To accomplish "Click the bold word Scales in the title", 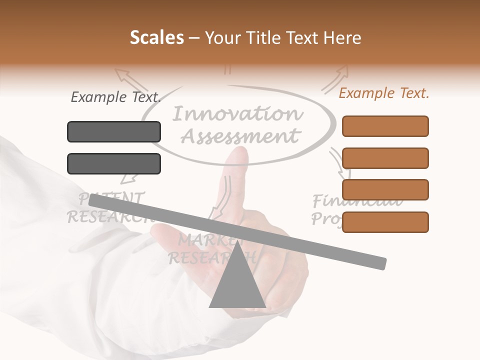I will (156, 38).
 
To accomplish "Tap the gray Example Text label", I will (116, 97).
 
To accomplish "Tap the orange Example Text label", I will (384, 93).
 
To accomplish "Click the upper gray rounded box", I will (114, 131).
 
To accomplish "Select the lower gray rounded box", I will (114, 163).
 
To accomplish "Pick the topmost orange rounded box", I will (385, 126).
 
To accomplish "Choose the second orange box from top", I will (385, 158).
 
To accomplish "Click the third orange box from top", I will (385, 189).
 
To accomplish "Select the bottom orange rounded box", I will (385, 222).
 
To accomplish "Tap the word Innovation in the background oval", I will (238, 114).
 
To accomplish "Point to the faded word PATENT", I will (112, 198).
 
